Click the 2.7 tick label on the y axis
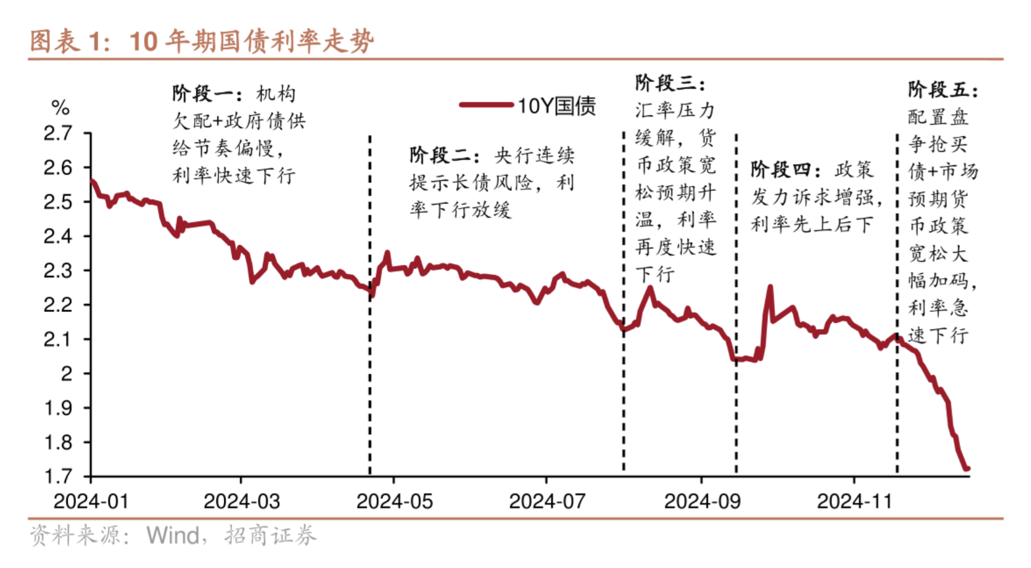tap(58, 133)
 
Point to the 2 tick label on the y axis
tap(67, 374)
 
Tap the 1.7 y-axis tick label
tap(58, 476)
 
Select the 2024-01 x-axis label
tap(91, 502)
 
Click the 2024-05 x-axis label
tap(394, 502)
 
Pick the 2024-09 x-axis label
tap(702, 502)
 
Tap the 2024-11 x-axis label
tap(854, 502)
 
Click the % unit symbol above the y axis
tap(60, 107)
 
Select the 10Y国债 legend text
tap(556, 106)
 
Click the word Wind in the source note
tap(173, 535)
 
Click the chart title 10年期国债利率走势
tap(252, 41)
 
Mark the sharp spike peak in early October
tap(770, 287)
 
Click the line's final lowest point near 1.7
tap(966, 469)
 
